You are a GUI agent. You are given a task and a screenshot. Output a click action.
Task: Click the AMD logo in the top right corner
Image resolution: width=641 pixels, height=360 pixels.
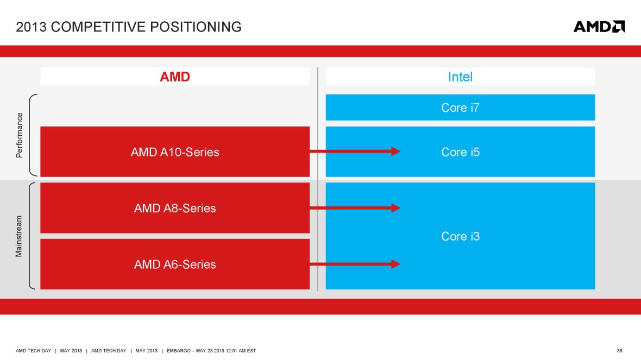point(599,27)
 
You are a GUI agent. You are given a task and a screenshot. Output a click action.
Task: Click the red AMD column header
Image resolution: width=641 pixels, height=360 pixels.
point(175,77)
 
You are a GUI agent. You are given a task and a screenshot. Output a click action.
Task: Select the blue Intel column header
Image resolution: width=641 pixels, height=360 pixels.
point(460,77)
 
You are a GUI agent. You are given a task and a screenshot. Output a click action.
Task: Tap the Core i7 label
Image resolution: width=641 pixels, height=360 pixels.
point(460,108)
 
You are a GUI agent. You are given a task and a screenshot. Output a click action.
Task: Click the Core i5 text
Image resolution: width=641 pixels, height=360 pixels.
point(460,153)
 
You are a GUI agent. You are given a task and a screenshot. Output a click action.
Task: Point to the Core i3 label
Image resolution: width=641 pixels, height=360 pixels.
point(460,237)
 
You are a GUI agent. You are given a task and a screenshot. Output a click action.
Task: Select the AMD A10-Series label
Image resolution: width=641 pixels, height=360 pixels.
point(175,153)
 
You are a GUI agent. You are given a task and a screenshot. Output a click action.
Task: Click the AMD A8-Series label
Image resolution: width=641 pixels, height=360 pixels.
point(175,209)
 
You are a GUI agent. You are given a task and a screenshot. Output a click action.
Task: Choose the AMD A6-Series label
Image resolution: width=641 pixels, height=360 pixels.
point(175,264)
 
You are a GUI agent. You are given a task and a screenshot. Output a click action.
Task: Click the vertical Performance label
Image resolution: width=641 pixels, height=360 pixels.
point(20,135)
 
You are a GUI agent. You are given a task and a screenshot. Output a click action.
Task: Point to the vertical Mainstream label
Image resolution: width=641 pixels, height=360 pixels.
point(20,236)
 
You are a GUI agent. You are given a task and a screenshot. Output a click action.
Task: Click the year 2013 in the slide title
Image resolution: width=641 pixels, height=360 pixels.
point(30,27)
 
